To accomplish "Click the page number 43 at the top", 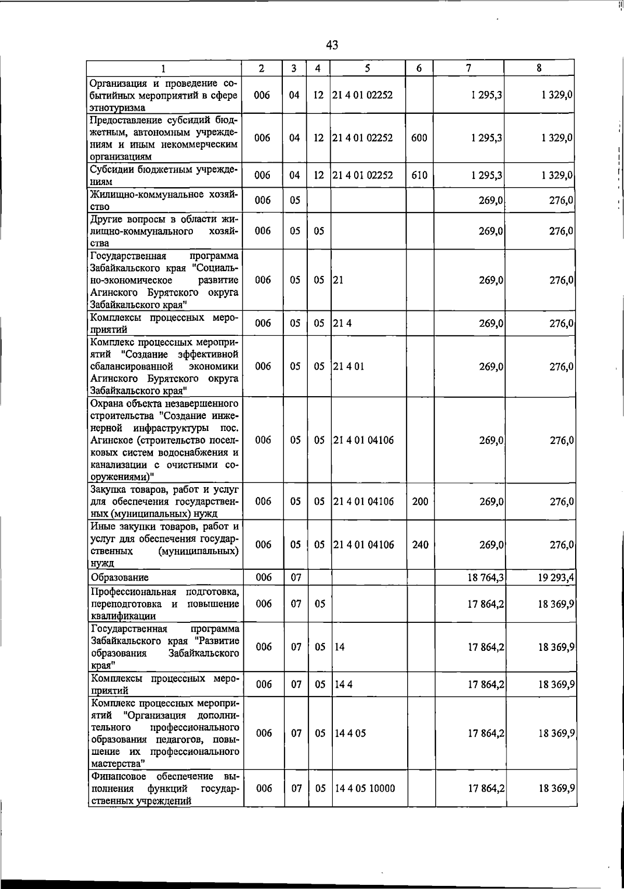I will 332,45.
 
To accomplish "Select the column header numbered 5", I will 368,68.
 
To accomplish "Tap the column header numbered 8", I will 539,68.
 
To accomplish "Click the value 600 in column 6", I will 419,138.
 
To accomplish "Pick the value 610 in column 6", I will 419,175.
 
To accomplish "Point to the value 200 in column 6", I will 420,502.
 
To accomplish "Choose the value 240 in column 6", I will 420,545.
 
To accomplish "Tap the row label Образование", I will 120,578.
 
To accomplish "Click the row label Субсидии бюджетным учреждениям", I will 164,175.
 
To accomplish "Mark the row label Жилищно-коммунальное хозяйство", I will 164,200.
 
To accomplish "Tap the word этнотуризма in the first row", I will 118,108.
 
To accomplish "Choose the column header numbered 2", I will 262,68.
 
